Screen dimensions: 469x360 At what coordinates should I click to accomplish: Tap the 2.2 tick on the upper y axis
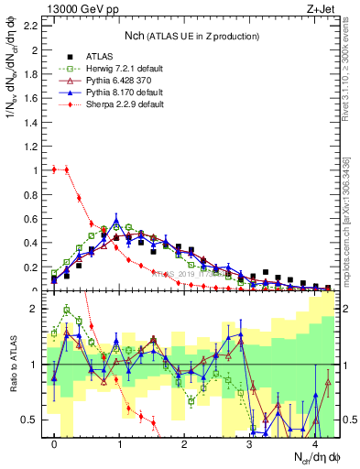point(35,26)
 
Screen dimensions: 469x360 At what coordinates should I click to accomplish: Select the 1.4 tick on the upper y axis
point(35,122)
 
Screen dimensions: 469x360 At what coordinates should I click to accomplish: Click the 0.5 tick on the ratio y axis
point(35,420)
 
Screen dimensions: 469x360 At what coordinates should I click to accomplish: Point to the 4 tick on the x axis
point(314,444)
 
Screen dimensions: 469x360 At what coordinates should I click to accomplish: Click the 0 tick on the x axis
point(55,444)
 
